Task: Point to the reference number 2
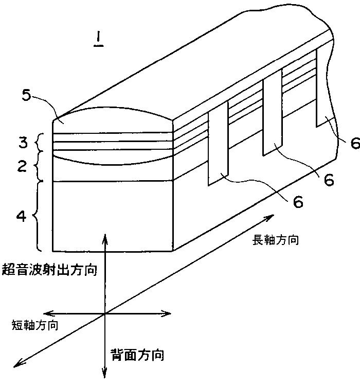pos(22,165)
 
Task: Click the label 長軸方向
pos(275,240)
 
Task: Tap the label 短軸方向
pos(35,325)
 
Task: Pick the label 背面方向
pos(138,355)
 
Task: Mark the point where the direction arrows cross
pos(105,313)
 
